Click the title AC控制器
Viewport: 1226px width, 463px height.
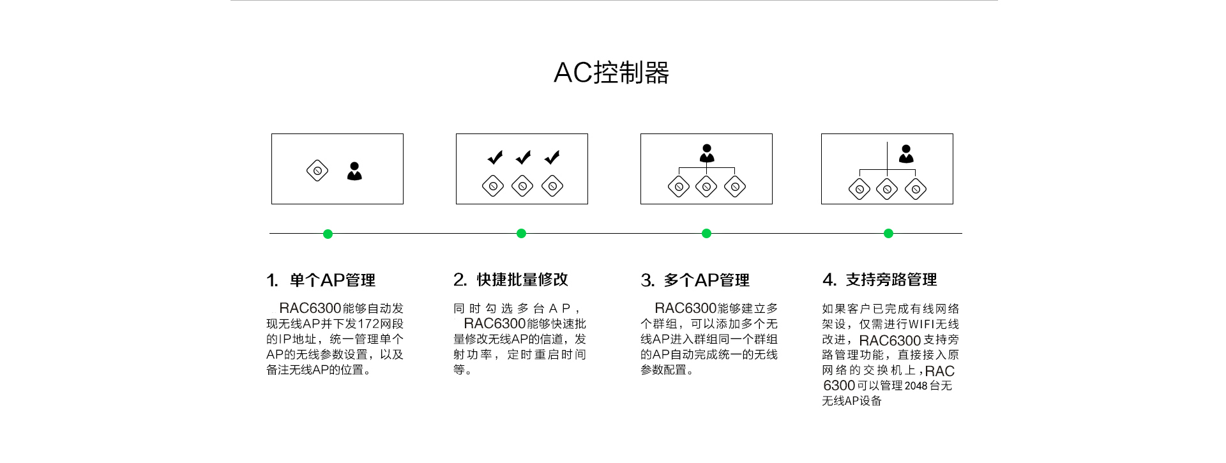pyautogui.click(x=611, y=73)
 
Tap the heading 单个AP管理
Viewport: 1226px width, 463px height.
pyautogui.click(x=332, y=280)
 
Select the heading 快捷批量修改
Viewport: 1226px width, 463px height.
pyautogui.click(x=522, y=280)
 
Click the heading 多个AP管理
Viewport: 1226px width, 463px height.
pyautogui.click(x=706, y=280)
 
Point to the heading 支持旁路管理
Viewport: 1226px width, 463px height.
pyautogui.click(x=891, y=280)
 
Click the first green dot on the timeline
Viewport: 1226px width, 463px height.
pyautogui.click(x=328, y=234)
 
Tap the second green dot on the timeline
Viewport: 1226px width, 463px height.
pyautogui.click(x=521, y=234)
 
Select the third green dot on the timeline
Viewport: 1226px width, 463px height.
pyautogui.click(x=706, y=234)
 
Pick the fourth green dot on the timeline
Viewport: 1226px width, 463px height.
pyautogui.click(x=888, y=234)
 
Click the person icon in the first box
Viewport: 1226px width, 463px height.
pyautogui.click(x=354, y=171)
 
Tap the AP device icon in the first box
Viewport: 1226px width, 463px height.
pyautogui.click(x=317, y=171)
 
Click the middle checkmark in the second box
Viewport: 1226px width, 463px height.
pyautogui.click(x=524, y=157)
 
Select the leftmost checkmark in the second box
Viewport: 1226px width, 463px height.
pyautogui.click(x=495, y=157)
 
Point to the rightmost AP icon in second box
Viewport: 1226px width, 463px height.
pyautogui.click(x=552, y=186)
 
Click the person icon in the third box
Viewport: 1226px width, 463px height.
pyautogui.click(x=707, y=153)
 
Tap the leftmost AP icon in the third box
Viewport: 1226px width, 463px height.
pyautogui.click(x=679, y=186)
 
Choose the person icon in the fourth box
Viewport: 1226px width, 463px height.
pyautogui.click(x=906, y=154)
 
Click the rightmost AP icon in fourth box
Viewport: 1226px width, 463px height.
pyautogui.click(x=916, y=189)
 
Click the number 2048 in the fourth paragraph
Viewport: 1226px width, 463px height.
pyautogui.click(x=916, y=386)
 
